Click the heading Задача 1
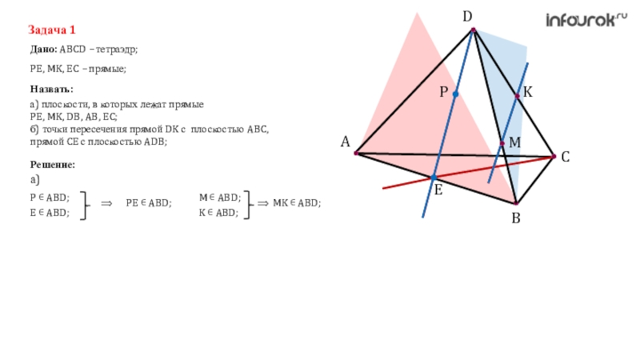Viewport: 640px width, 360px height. pos(52,30)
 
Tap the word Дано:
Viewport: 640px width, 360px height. pos(45,50)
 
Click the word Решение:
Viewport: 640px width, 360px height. pos(53,164)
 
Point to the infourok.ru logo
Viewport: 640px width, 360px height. pos(586,21)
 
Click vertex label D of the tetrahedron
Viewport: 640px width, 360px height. pos(467,15)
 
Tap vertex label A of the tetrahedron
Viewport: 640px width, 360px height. pos(346,142)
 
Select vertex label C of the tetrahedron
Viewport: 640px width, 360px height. pos(565,158)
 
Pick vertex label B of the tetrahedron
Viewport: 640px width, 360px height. pos(516,217)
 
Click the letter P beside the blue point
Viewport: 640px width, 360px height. pos(442,94)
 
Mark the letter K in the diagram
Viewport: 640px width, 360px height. pos(529,94)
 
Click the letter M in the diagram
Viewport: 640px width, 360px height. pos(514,142)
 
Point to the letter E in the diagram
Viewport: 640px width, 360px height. pos(438,190)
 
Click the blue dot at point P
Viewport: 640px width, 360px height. pos(455,94)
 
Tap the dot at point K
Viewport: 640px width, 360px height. pos(518,96)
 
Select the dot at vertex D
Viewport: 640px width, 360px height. pos(473,30)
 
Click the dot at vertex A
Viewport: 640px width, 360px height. pos(356,152)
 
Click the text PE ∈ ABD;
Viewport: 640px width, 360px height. pos(149,203)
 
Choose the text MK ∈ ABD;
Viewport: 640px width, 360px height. pos(297,203)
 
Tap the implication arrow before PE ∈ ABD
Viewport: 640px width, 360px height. pos(106,204)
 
